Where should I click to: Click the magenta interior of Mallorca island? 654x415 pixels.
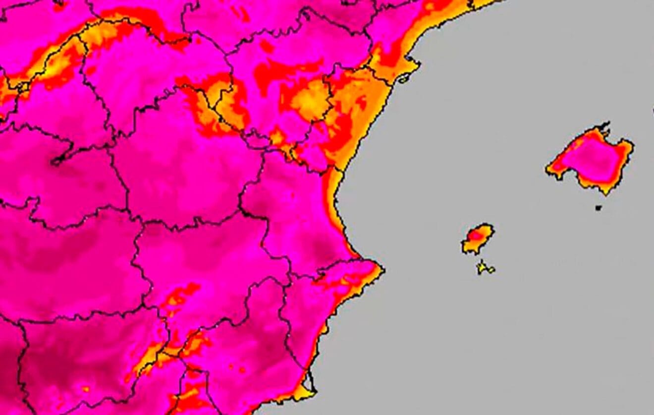pos(590,159)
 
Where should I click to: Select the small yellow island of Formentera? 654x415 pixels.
pos(485,268)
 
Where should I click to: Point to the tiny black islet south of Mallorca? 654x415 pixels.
pos(599,208)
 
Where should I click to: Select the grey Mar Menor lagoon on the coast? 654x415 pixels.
pos(310,382)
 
